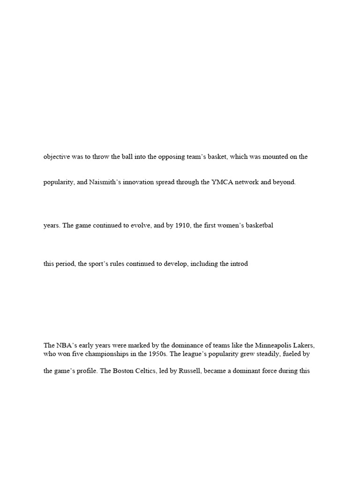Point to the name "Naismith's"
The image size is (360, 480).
[104, 182]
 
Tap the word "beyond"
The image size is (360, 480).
[284, 182]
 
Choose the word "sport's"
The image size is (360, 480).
[98, 264]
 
